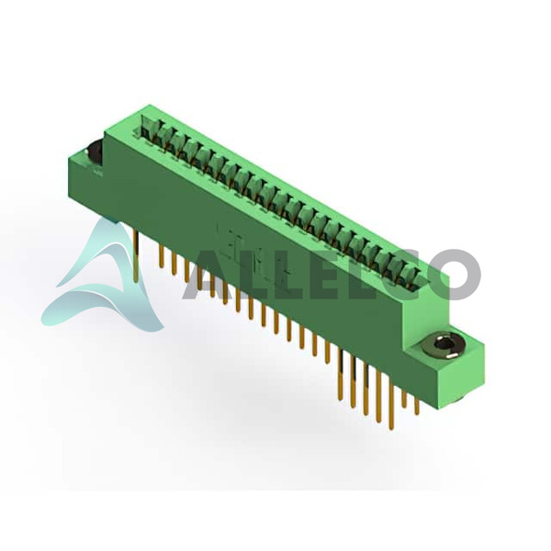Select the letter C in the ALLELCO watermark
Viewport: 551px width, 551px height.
coord(400,274)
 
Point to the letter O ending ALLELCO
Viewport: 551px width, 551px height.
coord(454,274)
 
